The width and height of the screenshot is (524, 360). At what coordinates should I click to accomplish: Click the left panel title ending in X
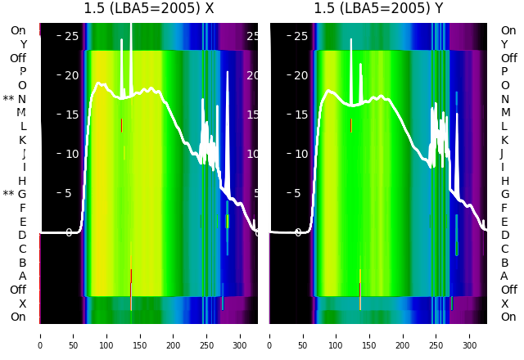point(149,9)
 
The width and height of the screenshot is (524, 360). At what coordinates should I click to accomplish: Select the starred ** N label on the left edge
point(15,99)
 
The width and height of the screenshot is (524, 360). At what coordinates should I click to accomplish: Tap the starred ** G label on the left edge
point(15,195)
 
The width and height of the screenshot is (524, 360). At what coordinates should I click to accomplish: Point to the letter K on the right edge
point(504,140)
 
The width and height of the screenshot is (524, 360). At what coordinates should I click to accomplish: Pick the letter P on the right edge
point(504,72)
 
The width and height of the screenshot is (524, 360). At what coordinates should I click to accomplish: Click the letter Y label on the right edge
point(504,44)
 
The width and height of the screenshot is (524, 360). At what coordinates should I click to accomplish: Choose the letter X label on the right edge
point(504,304)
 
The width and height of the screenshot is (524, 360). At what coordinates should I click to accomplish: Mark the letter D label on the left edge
point(22,236)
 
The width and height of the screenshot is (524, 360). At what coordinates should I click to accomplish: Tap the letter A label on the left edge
point(22,277)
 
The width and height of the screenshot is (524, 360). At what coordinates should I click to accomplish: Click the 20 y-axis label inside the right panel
point(300,75)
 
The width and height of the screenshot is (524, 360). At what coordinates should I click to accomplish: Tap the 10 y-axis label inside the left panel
point(71,154)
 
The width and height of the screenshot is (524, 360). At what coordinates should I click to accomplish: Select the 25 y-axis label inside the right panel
point(300,36)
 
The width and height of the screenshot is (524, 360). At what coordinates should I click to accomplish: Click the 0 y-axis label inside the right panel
point(298,232)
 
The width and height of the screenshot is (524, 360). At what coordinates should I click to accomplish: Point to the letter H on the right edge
point(504,181)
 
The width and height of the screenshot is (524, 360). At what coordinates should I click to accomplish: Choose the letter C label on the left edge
point(22,249)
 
